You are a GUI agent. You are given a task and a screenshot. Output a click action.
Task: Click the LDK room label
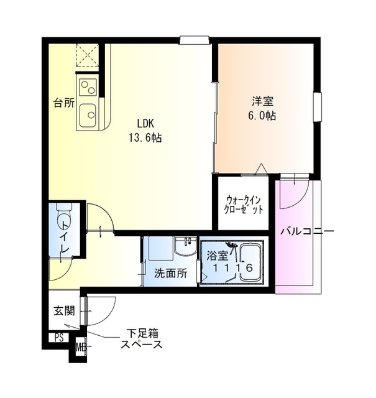click(x=146, y=123)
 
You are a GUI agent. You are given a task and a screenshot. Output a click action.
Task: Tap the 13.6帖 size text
click(x=145, y=137)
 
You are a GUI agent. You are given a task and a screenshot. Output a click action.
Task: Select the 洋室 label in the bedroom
click(x=262, y=101)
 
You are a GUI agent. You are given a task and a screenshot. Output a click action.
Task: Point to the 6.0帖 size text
click(x=262, y=116)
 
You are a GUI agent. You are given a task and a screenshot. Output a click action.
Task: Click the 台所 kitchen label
click(x=63, y=103)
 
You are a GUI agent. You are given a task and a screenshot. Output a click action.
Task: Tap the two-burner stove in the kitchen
click(x=88, y=87)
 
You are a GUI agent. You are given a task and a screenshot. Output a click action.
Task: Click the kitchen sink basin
click(x=88, y=115)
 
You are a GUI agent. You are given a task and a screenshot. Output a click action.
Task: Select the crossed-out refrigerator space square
click(x=88, y=55)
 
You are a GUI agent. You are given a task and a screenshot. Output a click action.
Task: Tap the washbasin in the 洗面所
click(x=185, y=246)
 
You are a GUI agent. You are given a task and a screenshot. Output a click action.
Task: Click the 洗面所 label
click(x=171, y=274)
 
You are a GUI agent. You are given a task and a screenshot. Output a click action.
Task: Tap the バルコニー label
click(x=307, y=231)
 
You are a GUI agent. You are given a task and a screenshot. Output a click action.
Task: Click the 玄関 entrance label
click(x=64, y=311)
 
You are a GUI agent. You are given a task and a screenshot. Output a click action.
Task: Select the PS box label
click(x=59, y=338)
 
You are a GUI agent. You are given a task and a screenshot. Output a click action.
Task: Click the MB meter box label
click(x=81, y=347)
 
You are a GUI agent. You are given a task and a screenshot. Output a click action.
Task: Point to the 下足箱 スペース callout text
click(x=142, y=339)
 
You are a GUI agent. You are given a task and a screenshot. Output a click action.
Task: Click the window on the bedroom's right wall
click(x=318, y=107)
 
